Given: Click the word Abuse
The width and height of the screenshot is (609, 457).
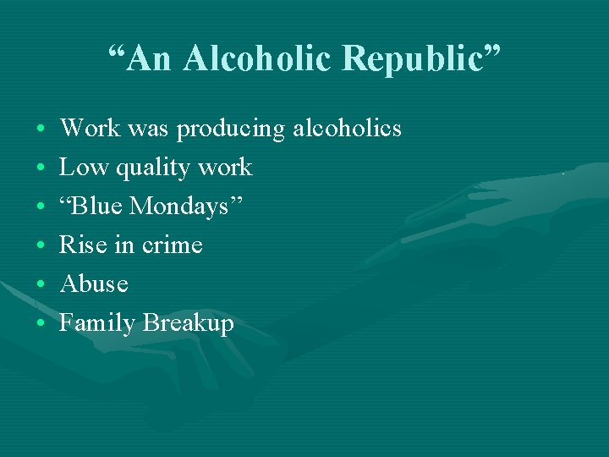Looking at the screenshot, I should [x=93, y=284].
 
